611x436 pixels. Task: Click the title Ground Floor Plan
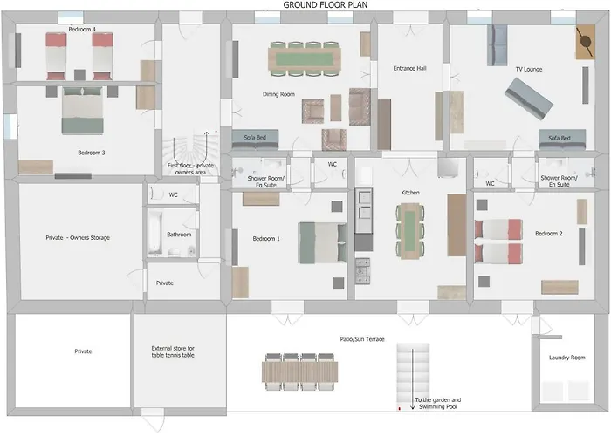point(325,5)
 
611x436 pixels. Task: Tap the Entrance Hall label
point(409,69)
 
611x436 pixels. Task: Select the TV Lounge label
point(529,69)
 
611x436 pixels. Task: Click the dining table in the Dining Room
point(305,58)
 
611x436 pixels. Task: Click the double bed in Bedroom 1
point(322,243)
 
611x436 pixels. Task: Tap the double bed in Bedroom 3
point(83,111)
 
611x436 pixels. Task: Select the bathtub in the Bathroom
point(154,233)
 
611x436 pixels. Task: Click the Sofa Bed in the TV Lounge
point(562,140)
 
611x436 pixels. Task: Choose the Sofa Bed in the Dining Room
point(255,140)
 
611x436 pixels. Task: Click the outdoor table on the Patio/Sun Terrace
point(299,371)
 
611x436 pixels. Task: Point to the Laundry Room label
point(567,358)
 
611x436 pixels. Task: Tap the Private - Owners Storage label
point(78,237)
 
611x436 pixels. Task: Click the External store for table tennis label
point(173,351)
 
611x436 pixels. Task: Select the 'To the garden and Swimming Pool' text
point(438,403)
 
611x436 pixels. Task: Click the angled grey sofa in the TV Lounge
point(529,99)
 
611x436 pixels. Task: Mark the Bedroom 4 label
point(82,29)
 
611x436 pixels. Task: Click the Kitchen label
point(410,193)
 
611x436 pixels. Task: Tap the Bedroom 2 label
point(549,234)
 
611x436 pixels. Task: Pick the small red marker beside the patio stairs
point(400,408)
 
